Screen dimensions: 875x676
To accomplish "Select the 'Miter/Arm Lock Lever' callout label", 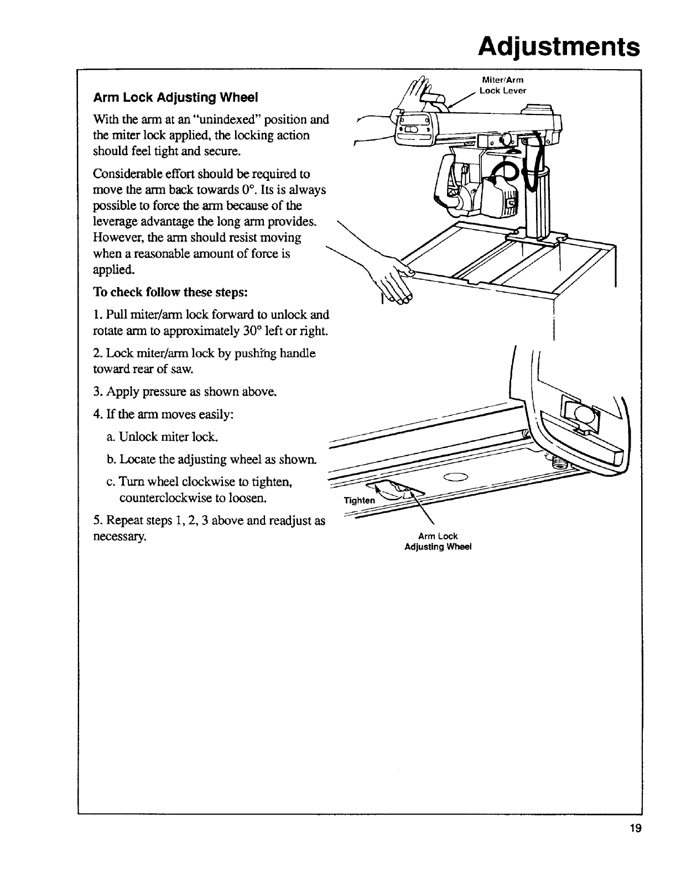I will pyautogui.click(x=502, y=86).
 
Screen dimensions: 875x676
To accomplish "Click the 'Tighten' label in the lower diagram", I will pyautogui.click(x=359, y=500).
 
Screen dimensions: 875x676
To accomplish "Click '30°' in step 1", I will pyautogui.click(x=259, y=331).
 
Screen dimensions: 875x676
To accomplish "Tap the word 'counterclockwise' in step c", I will pyautogui.click(x=161, y=498).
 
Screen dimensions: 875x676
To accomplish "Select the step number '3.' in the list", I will pyautogui.click(x=97, y=392).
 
